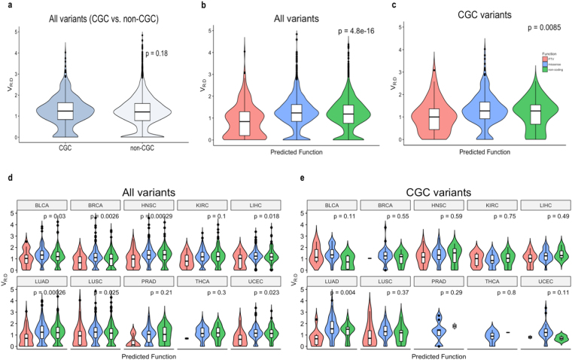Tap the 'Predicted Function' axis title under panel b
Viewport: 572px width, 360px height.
point(296,157)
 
